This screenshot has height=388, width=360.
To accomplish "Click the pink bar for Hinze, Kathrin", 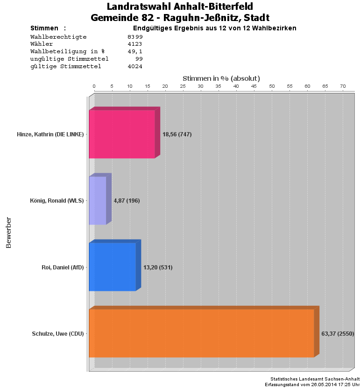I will point(122,134).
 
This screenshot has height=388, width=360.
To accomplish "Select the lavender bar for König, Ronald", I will point(98,200).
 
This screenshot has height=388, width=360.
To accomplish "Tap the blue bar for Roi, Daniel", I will point(112,267).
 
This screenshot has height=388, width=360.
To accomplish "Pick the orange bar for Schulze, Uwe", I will point(201,333).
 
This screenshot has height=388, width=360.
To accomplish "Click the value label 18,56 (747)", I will point(177,134).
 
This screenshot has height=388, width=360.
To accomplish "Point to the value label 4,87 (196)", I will point(127,201).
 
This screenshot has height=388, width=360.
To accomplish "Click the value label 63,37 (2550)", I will point(338,334).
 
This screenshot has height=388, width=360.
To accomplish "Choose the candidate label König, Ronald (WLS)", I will point(56,201).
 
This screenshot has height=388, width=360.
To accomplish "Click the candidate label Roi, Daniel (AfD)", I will point(63,268).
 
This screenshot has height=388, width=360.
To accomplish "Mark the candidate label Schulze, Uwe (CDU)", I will point(58,334).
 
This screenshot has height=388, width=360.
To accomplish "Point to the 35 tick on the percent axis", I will point(218,86).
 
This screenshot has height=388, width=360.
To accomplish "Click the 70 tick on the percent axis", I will point(343,86).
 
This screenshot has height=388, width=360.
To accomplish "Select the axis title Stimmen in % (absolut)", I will point(221,78).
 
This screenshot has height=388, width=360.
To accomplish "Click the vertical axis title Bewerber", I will point(8,232).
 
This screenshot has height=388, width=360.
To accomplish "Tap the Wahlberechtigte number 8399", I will point(135,36).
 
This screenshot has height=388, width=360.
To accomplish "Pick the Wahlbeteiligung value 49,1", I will point(135,51).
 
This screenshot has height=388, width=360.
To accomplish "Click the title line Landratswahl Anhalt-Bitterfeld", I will point(180,7).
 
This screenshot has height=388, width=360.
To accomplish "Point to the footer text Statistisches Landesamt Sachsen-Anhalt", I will point(315,379).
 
